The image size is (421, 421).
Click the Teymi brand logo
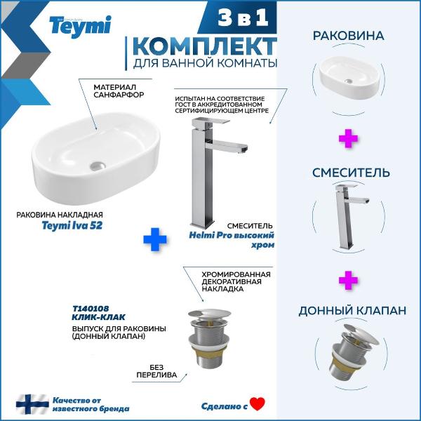(80, 27)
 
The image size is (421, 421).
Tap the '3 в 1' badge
(243, 18)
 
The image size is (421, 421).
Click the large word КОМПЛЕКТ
(205, 47)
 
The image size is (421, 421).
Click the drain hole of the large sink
(98, 165)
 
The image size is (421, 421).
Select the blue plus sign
(155, 239)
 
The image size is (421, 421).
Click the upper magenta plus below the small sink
(348, 138)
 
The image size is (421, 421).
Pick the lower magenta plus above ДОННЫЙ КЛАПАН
(348, 280)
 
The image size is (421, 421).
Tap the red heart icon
(258, 404)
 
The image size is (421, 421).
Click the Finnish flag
(32, 404)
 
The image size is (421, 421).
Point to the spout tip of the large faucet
(244, 149)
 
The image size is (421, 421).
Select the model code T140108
(91, 309)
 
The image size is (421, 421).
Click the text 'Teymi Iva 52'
(72, 225)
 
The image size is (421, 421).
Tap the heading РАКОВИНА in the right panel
(348, 36)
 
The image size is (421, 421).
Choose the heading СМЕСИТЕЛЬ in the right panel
(351, 173)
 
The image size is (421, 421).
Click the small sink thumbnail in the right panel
(349, 77)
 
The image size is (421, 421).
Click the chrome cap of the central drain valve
(209, 314)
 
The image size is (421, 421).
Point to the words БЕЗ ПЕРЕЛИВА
(156, 370)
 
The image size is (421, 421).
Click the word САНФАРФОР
(119, 95)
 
